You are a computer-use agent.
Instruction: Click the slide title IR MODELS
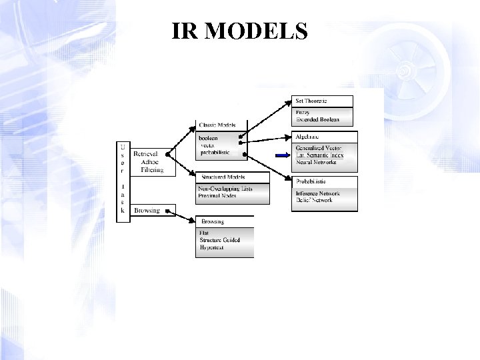pos(239,31)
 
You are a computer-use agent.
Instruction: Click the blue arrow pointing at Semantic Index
pos(283,155)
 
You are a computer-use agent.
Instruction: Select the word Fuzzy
pos(303,113)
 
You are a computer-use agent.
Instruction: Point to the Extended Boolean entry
pos(317,119)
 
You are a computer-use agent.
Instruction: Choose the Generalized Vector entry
pos(319,148)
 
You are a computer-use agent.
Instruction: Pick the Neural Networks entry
pos(316,162)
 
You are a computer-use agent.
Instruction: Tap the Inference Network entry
pos(319,194)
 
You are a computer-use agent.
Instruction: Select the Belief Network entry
pos(315,201)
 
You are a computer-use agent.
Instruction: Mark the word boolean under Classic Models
pos(209,138)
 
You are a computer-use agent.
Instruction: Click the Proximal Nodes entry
pos(217,195)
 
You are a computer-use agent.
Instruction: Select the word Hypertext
pos(211,247)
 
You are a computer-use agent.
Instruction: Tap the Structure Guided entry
pos(219,240)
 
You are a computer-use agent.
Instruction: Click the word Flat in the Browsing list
pos(204,233)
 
